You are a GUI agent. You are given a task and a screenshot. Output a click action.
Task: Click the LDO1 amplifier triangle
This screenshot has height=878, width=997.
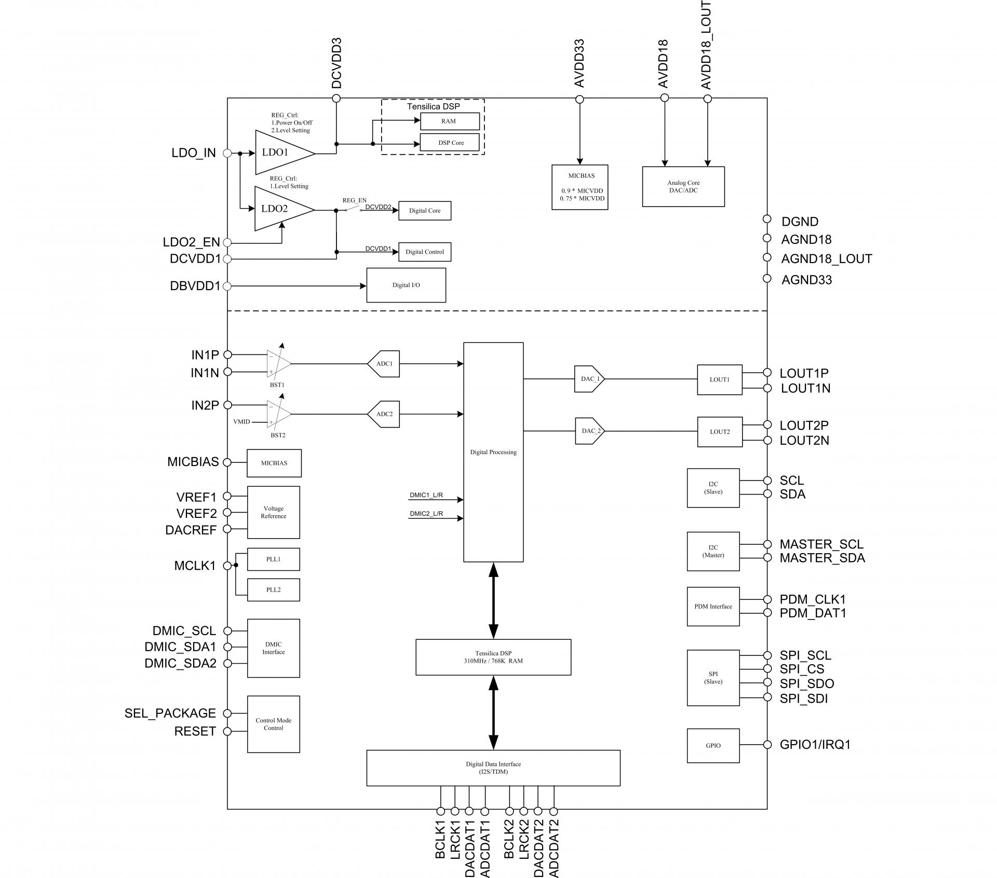tap(280, 153)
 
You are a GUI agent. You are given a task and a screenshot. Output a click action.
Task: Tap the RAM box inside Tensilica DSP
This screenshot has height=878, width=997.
tap(450, 121)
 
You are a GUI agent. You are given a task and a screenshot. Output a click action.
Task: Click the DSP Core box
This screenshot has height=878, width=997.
tap(450, 143)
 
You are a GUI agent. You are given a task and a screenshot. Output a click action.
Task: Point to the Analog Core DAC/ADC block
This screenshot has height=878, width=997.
tap(683, 187)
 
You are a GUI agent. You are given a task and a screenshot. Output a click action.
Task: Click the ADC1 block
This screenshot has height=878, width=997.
tap(385, 364)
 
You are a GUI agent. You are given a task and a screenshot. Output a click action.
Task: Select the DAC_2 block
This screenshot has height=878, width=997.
tap(590, 431)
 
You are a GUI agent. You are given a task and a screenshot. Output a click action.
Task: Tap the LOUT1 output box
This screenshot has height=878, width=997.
tap(719, 380)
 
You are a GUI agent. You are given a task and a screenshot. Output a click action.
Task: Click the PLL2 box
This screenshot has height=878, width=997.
tap(273, 590)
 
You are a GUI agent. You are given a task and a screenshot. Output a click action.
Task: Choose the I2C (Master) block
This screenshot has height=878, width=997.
tap(713, 552)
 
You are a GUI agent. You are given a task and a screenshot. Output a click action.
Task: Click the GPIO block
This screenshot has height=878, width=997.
tap(713, 746)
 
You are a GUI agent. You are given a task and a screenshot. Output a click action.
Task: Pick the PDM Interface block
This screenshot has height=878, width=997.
tap(713, 607)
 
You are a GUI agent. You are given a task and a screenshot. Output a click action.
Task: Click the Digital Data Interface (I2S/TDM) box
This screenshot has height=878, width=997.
tap(493, 768)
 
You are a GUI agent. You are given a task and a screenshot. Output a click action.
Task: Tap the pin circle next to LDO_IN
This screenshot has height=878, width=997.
tap(227, 153)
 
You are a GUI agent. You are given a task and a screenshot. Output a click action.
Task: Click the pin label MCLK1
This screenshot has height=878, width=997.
tap(195, 566)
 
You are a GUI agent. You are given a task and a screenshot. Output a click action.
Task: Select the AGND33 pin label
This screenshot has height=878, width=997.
tap(806, 280)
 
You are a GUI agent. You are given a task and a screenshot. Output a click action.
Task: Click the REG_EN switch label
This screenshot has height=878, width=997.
tap(354, 200)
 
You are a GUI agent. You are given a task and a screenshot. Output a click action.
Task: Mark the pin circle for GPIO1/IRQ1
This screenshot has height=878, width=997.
tap(767, 745)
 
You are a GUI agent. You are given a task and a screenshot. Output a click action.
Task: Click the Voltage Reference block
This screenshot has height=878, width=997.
tap(273, 512)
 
